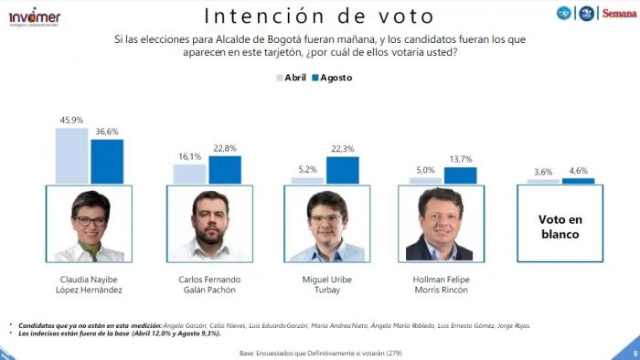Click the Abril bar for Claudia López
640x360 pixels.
point(71,155)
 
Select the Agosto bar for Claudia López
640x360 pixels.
point(106,161)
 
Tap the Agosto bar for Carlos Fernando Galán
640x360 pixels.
point(225,169)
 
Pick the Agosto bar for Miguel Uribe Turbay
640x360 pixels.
point(342,170)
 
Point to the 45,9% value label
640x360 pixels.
point(72,120)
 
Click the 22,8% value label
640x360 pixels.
point(225,149)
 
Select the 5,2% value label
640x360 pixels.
point(307,170)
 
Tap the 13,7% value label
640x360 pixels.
point(460,159)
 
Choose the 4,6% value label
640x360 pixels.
point(578,171)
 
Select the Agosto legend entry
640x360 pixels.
point(330,78)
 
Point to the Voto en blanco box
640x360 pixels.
point(561,223)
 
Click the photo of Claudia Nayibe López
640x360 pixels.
point(90,224)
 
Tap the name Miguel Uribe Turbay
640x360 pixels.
point(325,283)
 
